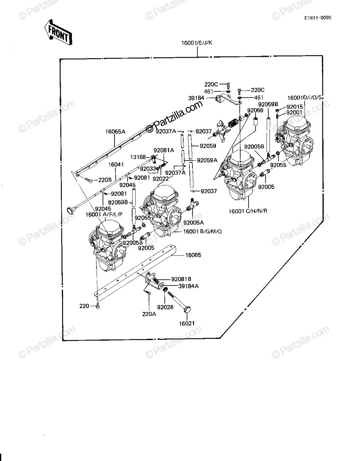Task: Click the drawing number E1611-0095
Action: click(x=318, y=18)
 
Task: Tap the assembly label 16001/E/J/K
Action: click(x=197, y=43)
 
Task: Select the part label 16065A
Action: click(x=115, y=132)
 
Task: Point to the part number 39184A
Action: click(x=188, y=286)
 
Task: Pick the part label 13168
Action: click(x=138, y=157)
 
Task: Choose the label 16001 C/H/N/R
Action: click(x=248, y=211)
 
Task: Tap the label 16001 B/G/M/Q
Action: click(x=202, y=231)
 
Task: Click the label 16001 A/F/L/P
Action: click(x=104, y=214)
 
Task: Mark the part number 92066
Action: click(x=255, y=110)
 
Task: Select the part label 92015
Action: click(x=294, y=107)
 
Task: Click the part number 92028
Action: click(x=165, y=307)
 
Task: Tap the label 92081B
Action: click(x=181, y=279)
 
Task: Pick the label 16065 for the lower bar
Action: click(x=193, y=255)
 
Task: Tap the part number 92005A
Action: click(x=194, y=222)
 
